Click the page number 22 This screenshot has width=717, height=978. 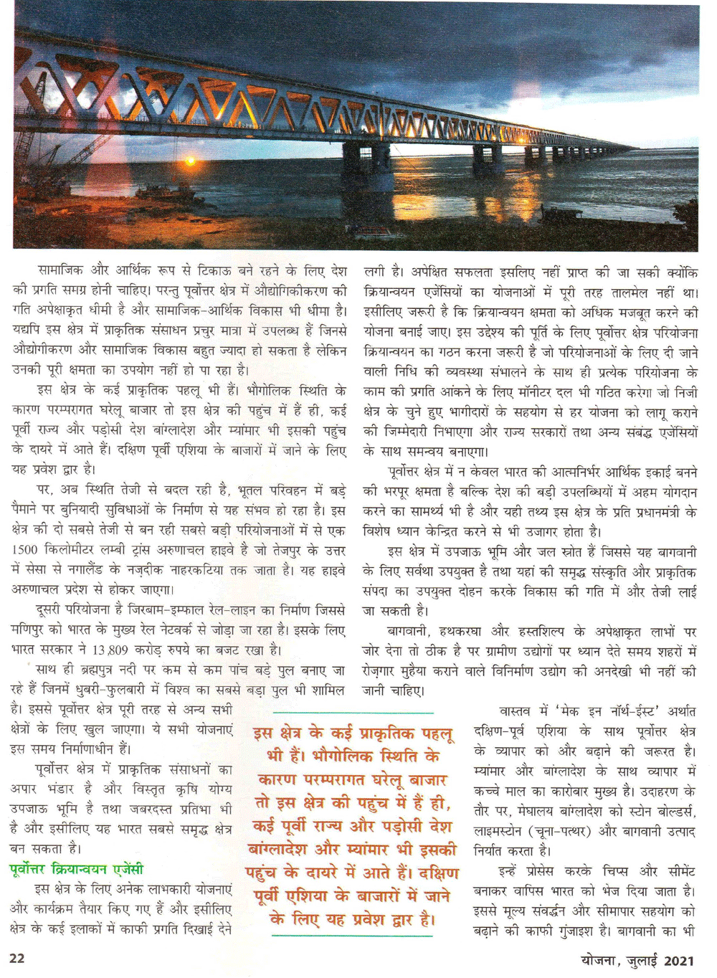(x=16, y=958)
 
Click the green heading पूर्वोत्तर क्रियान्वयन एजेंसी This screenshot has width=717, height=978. (x=77, y=870)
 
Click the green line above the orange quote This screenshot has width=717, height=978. (x=353, y=713)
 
